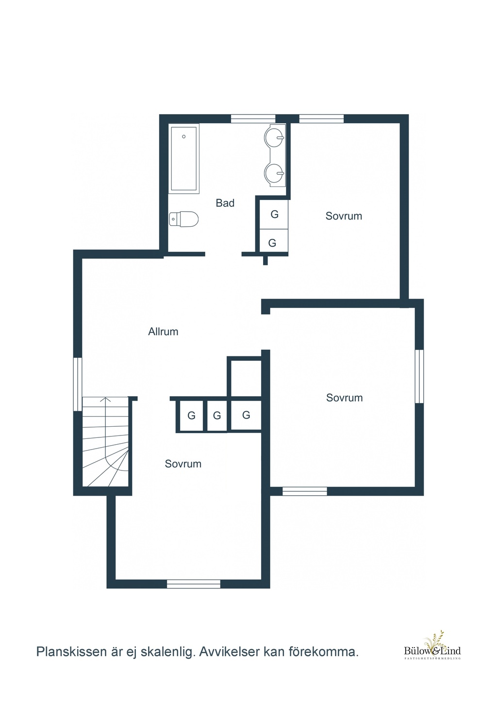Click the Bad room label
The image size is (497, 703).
(225, 203)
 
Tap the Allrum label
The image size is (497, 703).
(163, 332)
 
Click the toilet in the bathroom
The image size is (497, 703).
(183, 219)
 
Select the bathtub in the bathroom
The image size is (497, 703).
(184, 159)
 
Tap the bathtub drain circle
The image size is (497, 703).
(184, 136)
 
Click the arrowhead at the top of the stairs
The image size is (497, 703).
(107, 400)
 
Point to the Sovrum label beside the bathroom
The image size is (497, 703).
(344, 216)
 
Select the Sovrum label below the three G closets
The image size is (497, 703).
(183, 464)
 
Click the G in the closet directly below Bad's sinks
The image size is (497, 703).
(275, 215)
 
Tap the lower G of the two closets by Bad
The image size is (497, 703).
(272, 243)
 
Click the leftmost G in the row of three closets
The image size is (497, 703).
(191, 416)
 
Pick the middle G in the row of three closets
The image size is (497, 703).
(217, 416)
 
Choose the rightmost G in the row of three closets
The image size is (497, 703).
(246, 415)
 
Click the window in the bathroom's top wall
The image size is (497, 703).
(253, 118)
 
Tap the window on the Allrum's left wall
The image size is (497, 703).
(78, 384)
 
